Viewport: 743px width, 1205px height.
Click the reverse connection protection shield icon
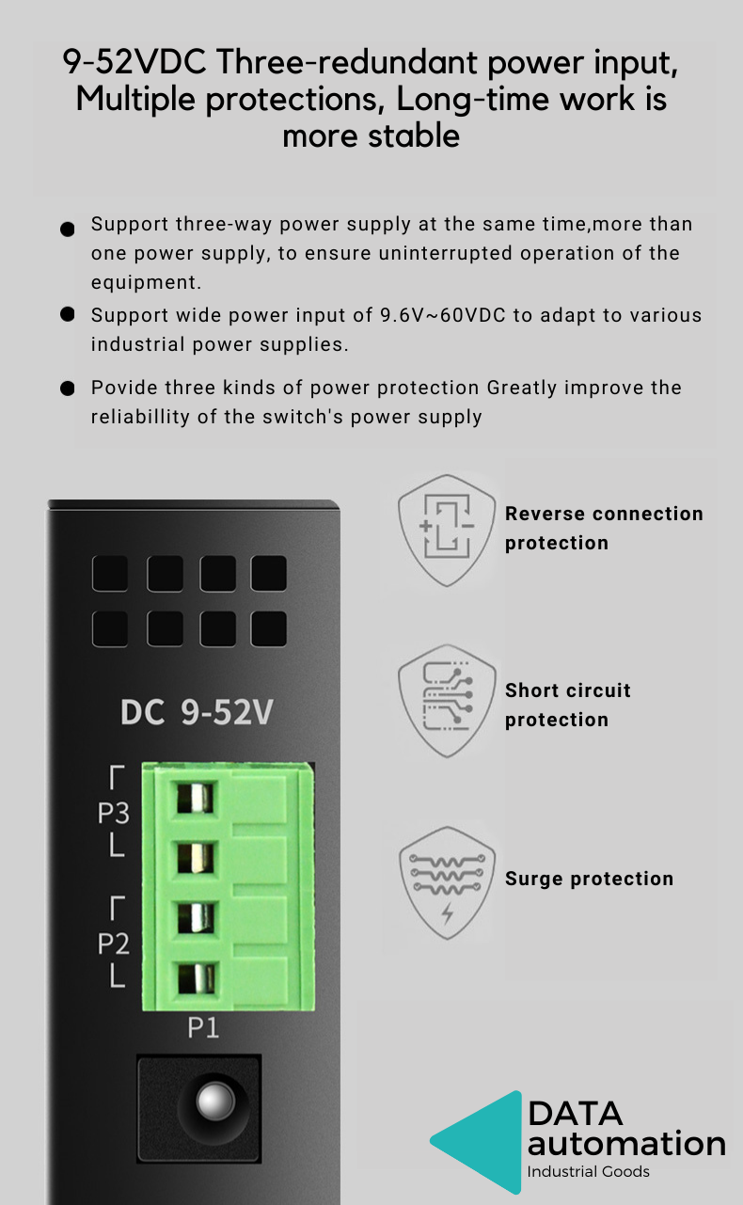click(x=447, y=531)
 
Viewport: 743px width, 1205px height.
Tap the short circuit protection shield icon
click(x=447, y=702)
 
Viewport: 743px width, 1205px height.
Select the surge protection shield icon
click(x=447, y=883)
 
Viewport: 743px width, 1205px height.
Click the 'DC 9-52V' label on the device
click(x=197, y=712)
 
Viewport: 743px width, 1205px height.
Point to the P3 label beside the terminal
click(x=113, y=813)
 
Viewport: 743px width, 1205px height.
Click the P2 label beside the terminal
click(x=113, y=943)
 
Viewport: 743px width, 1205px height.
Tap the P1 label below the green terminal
click(x=203, y=1028)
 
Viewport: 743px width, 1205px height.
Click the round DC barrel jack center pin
click(x=215, y=1101)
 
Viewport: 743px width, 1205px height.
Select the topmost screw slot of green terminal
click(x=195, y=798)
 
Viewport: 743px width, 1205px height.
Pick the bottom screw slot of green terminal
click(x=196, y=978)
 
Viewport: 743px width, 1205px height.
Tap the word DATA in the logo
click(x=576, y=1113)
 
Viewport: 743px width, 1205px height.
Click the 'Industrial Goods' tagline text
click(x=588, y=1172)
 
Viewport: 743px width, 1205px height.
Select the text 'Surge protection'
click(x=589, y=879)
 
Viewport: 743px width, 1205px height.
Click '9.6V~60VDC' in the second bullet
click(x=443, y=315)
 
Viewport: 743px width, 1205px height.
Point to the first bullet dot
click(x=68, y=230)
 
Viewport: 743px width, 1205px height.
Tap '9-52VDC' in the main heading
click(x=134, y=62)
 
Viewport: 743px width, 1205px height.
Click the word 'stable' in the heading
click(x=414, y=135)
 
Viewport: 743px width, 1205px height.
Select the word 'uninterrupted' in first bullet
click(x=446, y=253)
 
